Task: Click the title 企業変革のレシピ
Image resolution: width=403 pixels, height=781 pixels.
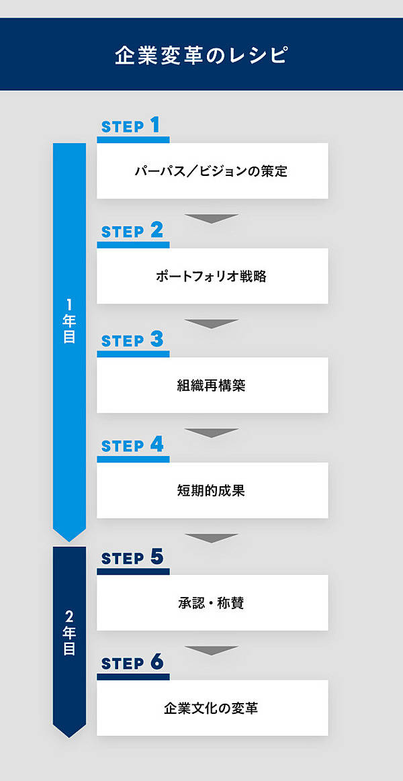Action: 201,55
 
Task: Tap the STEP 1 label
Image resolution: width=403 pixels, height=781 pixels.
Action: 131,126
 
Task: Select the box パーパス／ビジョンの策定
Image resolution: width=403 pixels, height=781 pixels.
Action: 212,171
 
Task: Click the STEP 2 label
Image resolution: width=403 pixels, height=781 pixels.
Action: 132,230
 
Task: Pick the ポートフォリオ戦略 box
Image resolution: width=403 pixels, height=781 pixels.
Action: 212,276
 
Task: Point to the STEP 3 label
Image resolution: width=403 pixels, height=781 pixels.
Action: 132,340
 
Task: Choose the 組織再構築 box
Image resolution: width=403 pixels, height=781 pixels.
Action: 212,385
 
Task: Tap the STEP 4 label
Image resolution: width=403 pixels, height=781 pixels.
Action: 132,445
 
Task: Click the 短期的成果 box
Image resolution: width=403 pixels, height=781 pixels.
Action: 212,490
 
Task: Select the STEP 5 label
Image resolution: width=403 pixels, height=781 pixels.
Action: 132,558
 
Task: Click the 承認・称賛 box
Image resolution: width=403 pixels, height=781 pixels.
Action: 212,602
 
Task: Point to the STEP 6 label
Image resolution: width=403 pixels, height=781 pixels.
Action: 132,663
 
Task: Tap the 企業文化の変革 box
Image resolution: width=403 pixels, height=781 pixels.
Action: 212,708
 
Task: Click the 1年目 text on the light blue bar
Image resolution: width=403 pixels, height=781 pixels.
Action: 69,321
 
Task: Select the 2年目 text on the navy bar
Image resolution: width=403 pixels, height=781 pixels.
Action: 69,633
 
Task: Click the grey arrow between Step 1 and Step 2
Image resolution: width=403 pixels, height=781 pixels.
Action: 212,218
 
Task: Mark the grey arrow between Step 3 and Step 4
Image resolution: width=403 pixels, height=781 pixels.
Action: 212,432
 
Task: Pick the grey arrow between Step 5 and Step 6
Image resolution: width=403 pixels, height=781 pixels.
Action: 212,650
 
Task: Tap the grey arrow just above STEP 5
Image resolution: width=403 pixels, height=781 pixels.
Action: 212,538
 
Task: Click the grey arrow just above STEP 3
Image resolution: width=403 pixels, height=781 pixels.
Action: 212,323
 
